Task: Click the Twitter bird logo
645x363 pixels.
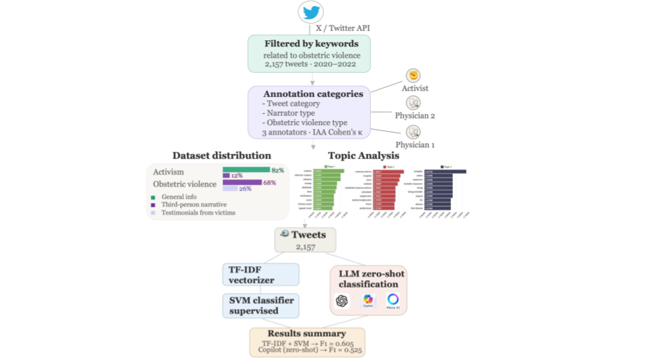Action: coord(310,12)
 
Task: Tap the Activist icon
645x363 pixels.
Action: coord(414,75)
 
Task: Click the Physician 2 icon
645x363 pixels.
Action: coord(414,103)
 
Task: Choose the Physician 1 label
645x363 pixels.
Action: coord(415,145)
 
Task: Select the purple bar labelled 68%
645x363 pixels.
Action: coord(242,182)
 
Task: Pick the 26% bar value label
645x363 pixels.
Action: coord(245,189)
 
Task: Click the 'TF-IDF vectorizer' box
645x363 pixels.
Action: coord(260,274)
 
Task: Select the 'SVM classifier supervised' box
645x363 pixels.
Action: coord(260,305)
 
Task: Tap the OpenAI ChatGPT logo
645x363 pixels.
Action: coord(341,300)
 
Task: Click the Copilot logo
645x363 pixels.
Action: coord(368,300)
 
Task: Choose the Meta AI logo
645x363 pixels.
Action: coord(393,300)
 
